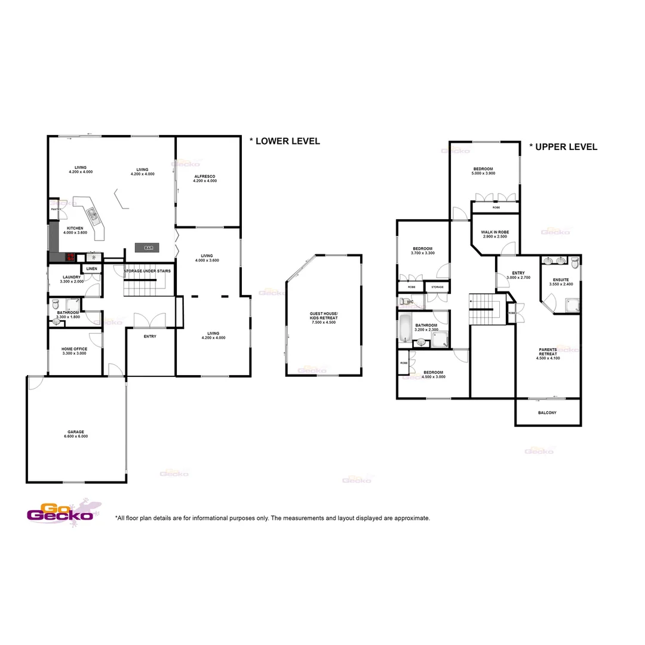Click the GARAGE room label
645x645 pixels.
click(75, 432)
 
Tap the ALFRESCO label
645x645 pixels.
click(205, 176)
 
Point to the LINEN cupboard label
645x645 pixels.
click(91, 269)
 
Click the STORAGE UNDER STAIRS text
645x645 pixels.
click(148, 271)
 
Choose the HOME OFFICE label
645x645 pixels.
click(74, 349)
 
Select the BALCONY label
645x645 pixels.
click(547, 413)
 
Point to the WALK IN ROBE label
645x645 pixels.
click(494, 232)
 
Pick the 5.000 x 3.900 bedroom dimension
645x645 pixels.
click(483, 173)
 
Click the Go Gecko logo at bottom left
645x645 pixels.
click(60, 513)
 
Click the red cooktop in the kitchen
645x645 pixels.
click(70, 257)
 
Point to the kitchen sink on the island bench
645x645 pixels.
click(92, 213)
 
